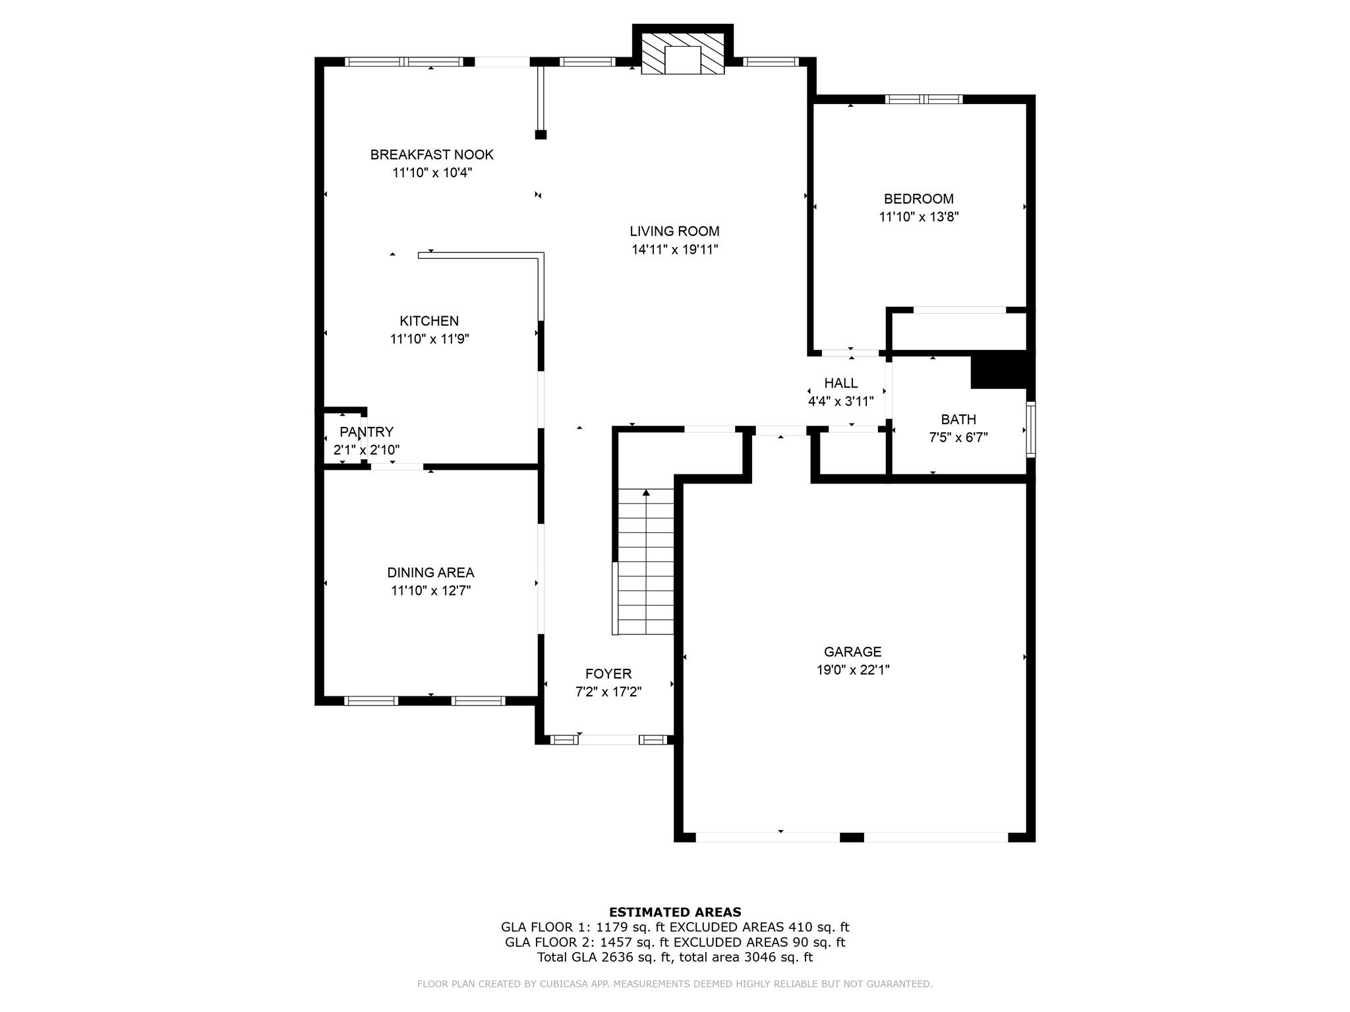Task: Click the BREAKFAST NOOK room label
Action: [432, 155]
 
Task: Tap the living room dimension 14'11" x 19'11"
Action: [674, 250]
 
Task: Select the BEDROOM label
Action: [918, 199]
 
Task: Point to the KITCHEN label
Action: [429, 321]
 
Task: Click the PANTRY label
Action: [367, 432]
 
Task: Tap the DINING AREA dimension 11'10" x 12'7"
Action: [430, 591]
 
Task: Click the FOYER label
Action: [608, 674]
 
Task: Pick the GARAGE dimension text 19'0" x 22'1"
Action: [852, 670]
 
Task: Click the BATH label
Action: [958, 420]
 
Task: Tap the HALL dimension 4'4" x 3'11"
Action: [840, 401]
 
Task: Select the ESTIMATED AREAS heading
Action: [675, 913]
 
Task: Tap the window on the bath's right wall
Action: [1031, 429]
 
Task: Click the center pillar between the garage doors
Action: [852, 837]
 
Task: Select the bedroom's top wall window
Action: [924, 99]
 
